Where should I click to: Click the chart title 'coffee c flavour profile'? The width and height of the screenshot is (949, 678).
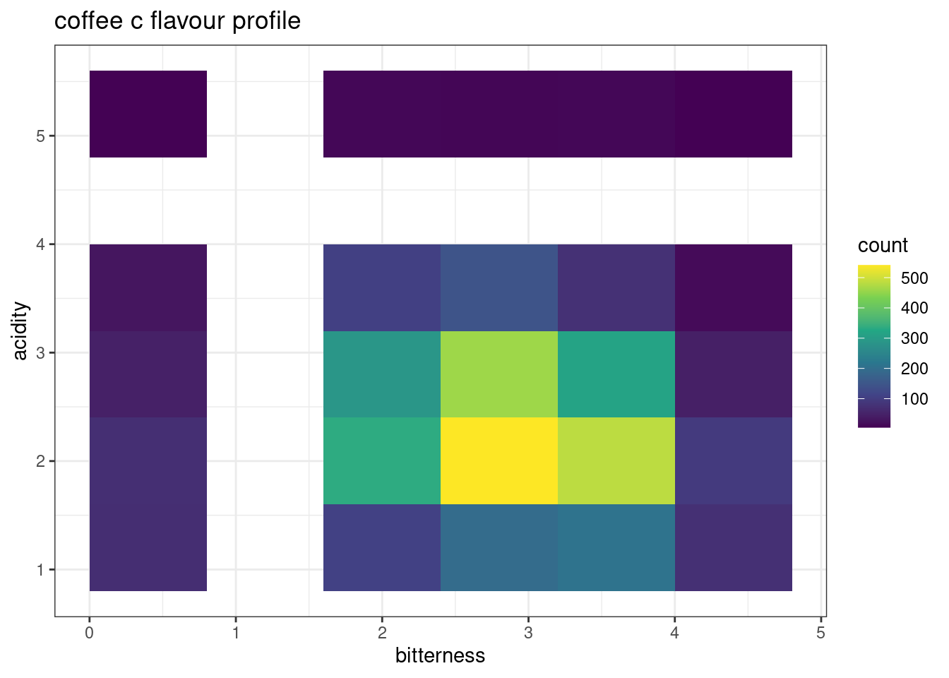point(177,21)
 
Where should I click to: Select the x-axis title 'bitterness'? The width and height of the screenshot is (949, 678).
point(440,655)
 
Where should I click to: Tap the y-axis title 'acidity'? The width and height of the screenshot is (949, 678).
point(20,331)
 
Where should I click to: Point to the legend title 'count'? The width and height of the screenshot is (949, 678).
point(882,245)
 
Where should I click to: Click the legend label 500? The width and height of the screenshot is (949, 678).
point(914,278)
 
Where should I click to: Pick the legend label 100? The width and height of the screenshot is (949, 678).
point(914,399)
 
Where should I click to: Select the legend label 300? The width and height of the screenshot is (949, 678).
point(914,338)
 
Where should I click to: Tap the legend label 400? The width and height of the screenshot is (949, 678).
point(914,308)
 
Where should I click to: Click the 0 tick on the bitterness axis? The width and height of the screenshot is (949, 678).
point(89,633)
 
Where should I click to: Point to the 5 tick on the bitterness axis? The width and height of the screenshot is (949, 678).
point(820,633)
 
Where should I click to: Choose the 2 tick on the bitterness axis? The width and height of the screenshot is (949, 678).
point(382,633)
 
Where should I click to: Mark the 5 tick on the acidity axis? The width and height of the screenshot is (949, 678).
point(40,136)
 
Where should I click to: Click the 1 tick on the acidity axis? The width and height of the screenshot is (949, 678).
point(40,569)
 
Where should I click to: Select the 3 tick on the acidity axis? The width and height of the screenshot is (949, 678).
point(40,352)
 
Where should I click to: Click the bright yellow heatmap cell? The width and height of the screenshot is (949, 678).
point(499,460)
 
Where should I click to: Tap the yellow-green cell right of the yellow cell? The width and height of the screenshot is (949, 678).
point(616,460)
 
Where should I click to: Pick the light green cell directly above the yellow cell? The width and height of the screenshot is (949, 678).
point(499,374)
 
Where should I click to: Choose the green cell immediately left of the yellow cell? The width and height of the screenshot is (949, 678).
point(382,460)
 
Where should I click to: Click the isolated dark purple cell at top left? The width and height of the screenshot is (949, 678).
point(148,114)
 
